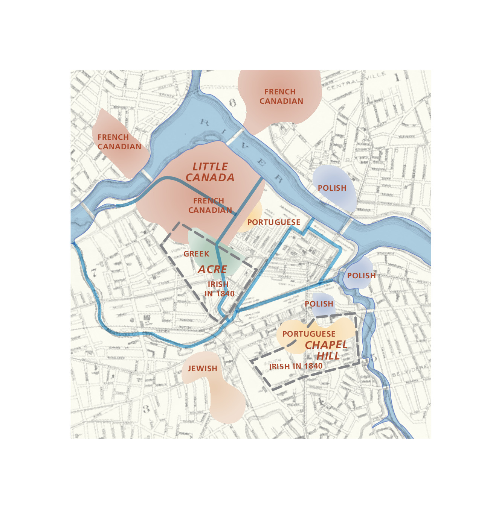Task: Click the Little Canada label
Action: click(x=210, y=172)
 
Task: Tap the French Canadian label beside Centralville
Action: click(x=281, y=97)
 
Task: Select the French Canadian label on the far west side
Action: click(x=119, y=142)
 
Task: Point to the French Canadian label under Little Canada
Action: click(x=210, y=206)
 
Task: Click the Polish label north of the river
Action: click(x=332, y=188)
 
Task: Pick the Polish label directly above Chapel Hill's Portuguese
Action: click(x=319, y=304)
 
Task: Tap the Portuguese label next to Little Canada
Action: click(x=274, y=222)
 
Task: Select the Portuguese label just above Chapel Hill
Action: click(x=308, y=334)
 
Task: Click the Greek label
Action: click(x=196, y=254)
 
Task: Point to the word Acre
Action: click(x=212, y=269)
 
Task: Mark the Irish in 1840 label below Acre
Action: click(x=219, y=289)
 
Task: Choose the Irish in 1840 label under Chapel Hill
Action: click(x=296, y=366)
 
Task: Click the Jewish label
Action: click(x=203, y=369)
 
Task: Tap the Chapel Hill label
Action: click(x=327, y=350)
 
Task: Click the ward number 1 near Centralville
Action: click(x=397, y=78)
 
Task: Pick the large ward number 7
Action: click(x=94, y=272)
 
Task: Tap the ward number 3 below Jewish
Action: click(x=146, y=409)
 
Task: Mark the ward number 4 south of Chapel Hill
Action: click(x=321, y=402)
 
